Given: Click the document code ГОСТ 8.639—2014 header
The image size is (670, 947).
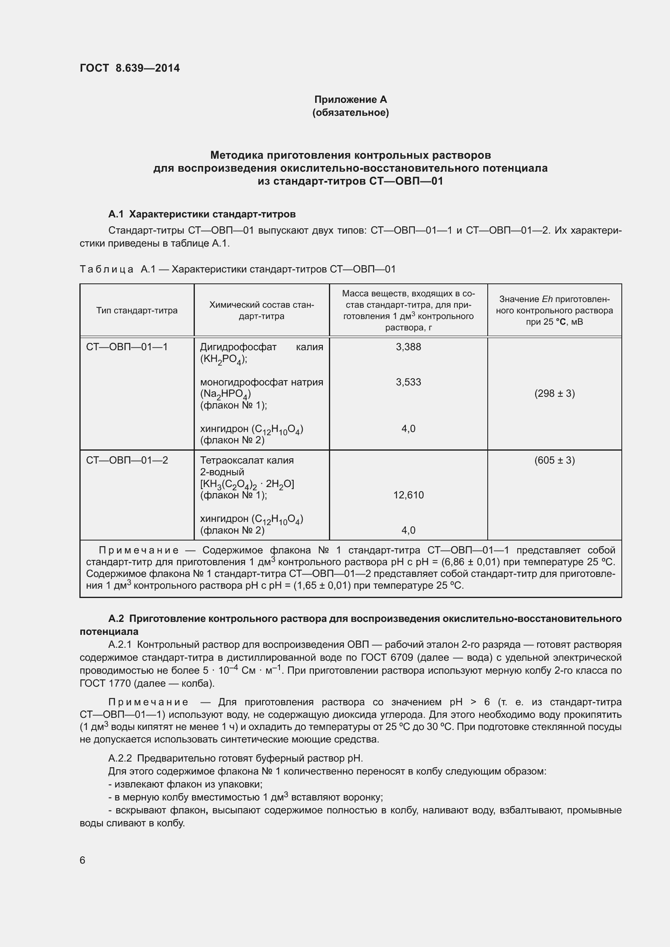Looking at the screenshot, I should [x=130, y=68].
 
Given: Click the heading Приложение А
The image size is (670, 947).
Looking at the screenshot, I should [x=350, y=100].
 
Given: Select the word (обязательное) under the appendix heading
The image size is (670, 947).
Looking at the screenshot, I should [x=350, y=113].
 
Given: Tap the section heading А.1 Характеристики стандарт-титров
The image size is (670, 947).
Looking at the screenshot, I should [x=202, y=214].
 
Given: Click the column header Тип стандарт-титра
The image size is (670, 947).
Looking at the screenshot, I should [x=137, y=311].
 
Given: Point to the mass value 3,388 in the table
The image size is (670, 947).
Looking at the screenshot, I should [x=408, y=347].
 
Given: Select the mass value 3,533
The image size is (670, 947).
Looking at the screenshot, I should [x=408, y=382].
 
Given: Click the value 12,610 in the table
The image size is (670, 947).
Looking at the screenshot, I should [x=408, y=495].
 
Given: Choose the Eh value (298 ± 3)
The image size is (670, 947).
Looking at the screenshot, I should [x=554, y=394].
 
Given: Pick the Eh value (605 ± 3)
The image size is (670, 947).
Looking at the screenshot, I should [x=554, y=460].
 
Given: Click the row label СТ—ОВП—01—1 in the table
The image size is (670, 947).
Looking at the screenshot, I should [x=127, y=347].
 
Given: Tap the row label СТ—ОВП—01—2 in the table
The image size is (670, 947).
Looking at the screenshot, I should [x=127, y=460].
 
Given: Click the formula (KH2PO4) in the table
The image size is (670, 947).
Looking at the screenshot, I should [x=223, y=360].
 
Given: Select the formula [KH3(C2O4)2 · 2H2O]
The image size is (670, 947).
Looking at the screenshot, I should [x=247, y=484].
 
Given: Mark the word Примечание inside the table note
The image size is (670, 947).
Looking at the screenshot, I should [x=139, y=550].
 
